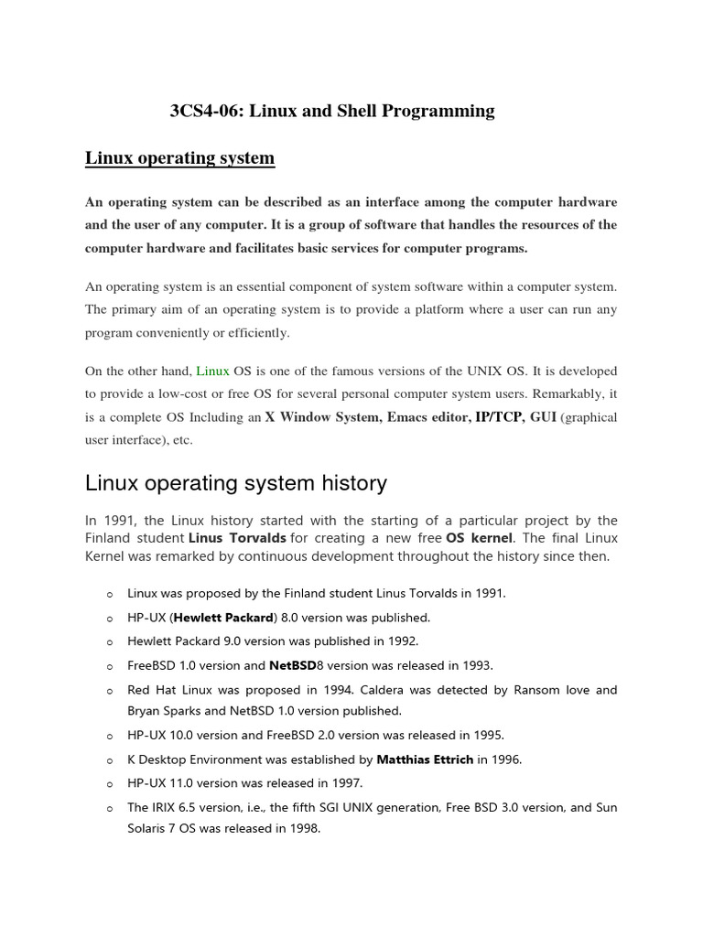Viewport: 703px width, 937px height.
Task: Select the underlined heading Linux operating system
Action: tap(179, 158)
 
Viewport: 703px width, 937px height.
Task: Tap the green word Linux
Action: tap(213, 371)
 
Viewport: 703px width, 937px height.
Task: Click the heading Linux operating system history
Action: tap(235, 482)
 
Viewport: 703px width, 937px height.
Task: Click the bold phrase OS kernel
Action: tap(481, 538)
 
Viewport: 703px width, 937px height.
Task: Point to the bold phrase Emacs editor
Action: tap(420, 417)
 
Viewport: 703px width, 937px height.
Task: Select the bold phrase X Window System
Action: tap(323, 417)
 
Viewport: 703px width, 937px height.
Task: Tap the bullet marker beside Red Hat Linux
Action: tap(109, 691)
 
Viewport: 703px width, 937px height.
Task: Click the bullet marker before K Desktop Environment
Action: tap(109, 760)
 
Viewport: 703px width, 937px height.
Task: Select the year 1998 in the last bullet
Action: tap(304, 830)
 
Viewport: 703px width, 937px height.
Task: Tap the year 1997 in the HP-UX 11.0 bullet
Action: tap(347, 783)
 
